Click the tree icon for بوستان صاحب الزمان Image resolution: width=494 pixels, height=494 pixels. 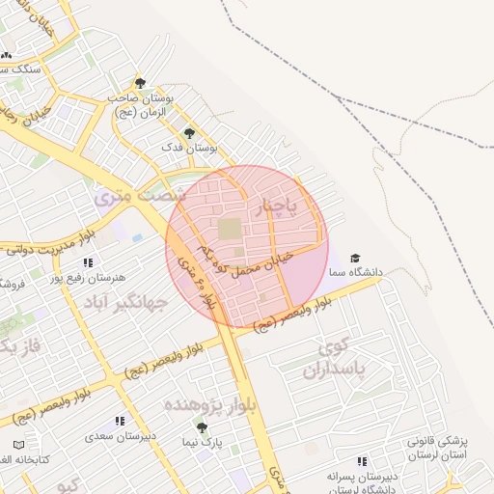[x=141, y=84]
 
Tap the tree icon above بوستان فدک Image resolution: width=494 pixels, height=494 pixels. [x=188, y=133]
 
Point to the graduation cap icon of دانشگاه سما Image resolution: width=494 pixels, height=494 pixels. [x=355, y=259]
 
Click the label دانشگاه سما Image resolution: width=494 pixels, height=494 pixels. [x=357, y=273]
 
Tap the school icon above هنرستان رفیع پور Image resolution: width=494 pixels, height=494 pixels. [x=89, y=262]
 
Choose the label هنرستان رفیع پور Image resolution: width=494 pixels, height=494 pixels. [x=93, y=278]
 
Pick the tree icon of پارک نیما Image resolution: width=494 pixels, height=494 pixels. [x=201, y=427]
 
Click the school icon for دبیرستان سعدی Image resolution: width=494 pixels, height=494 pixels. [x=120, y=422]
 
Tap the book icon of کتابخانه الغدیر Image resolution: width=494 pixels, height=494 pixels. [x=19, y=445]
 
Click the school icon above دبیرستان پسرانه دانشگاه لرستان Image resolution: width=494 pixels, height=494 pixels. [x=362, y=462]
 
